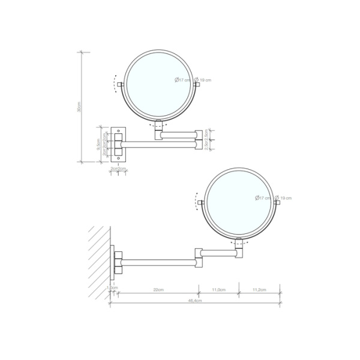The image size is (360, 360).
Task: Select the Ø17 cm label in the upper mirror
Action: pos(182,80)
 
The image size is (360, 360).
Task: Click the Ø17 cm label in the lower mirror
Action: pos(262,197)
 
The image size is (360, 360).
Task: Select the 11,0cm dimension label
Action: pos(218,290)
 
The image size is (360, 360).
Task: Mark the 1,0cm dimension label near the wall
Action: pos(111,287)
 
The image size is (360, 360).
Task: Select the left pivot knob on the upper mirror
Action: pos(121,84)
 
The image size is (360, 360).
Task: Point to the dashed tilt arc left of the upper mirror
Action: pos(113,84)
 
